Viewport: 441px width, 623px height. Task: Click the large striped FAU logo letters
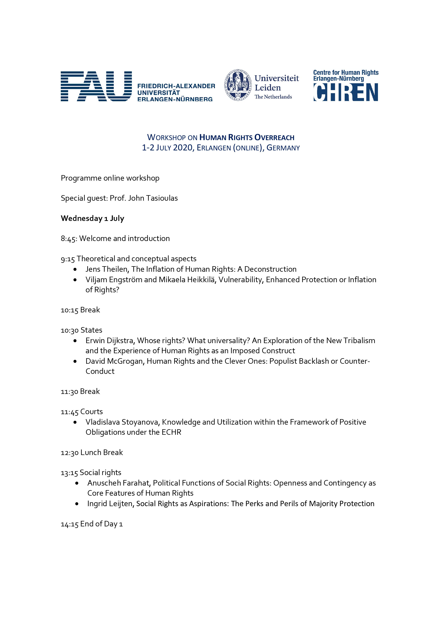96,86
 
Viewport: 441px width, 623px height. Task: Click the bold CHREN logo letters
346,92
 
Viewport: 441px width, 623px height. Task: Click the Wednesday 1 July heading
92,218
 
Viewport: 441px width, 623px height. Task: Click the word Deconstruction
270,269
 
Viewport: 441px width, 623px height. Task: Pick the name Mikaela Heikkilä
187,280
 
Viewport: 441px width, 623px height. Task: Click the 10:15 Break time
70,310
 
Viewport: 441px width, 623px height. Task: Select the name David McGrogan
114,361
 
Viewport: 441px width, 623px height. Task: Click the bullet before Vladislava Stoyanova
75,422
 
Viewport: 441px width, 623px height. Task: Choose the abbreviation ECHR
171,432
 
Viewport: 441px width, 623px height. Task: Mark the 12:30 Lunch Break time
70,453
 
